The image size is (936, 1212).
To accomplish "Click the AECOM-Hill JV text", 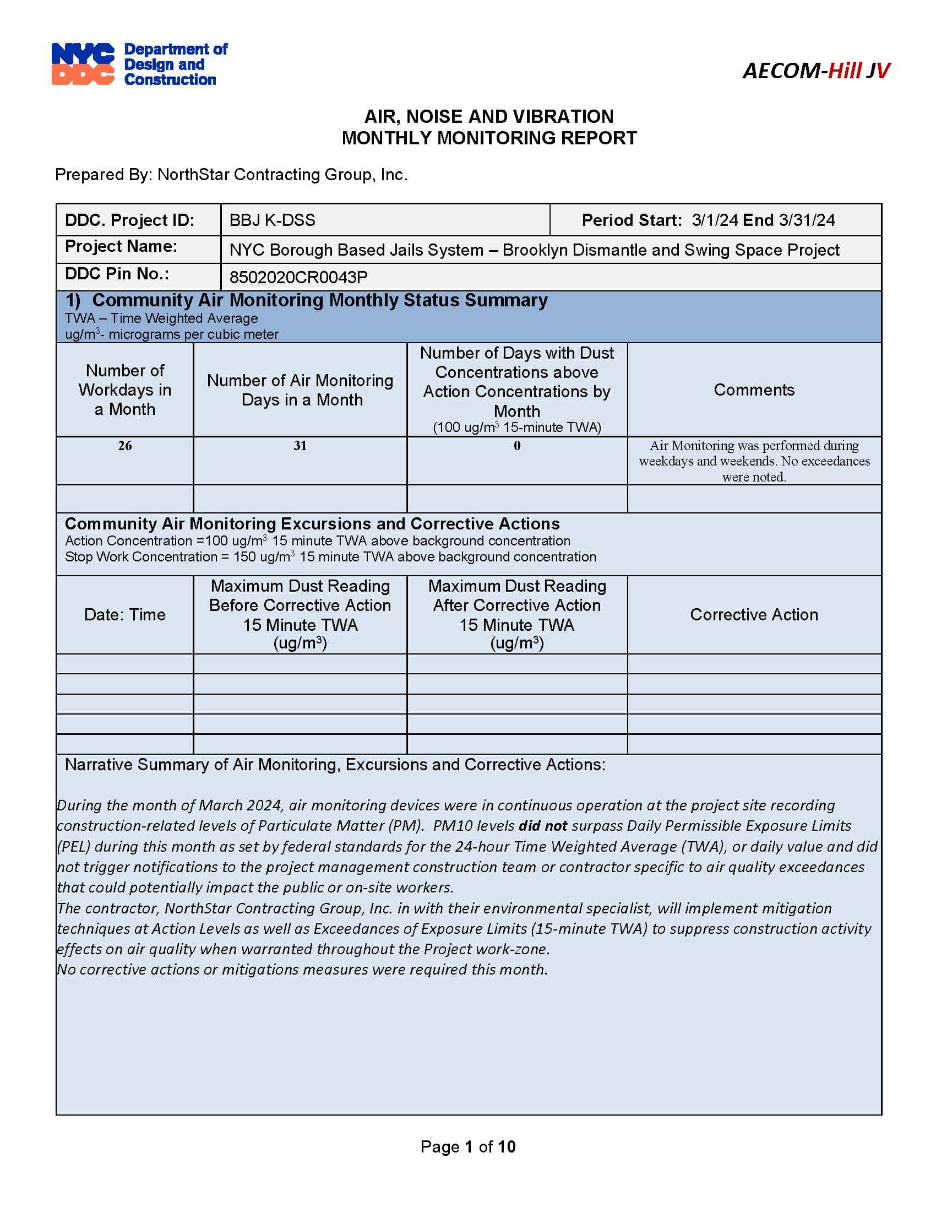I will pos(815,71).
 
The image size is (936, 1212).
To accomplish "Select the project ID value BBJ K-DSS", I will pos(272,220).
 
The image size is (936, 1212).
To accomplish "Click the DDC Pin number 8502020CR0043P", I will pos(298,277).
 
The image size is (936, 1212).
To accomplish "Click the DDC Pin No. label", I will pos(117,274).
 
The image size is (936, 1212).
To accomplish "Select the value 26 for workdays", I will pos(125,446).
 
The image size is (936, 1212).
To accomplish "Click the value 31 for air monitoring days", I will pos(300,446).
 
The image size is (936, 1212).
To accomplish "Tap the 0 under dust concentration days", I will pos(517,446).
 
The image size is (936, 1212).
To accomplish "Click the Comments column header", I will pos(754,389).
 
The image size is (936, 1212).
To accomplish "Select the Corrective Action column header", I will pos(754,614).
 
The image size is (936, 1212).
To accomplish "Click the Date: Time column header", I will pos(125,614).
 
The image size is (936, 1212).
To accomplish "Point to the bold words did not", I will pos(542,826).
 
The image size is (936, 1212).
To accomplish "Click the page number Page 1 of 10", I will pos(468,1146).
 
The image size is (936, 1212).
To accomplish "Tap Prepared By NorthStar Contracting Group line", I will pos(231,175).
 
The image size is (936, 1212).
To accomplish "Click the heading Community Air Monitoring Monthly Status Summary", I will pos(319,300).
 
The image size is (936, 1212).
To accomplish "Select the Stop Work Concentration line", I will pos(330,556).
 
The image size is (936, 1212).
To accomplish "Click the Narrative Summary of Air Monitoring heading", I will pos(335,765).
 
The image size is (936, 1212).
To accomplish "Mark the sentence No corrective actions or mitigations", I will pos(302,970).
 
